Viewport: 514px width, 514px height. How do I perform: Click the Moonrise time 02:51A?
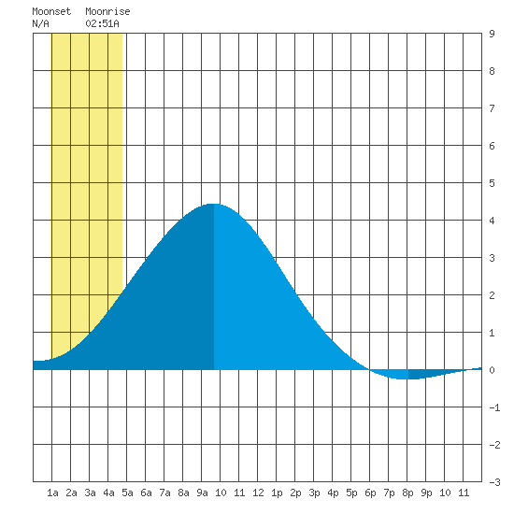coord(102,23)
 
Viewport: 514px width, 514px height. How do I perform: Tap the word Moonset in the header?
coord(51,11)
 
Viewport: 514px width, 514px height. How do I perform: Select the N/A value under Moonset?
coord(40,23)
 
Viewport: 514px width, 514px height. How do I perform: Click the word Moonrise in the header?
coord(107,11)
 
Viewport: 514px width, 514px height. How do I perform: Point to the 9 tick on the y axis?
coord(492,34)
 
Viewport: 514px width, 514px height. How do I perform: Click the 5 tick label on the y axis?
coord(492,183)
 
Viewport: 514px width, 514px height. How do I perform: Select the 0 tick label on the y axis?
coord(492,370)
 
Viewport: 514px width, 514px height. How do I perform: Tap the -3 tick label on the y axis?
coord(494,482)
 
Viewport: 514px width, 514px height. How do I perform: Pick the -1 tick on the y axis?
coord(494,407)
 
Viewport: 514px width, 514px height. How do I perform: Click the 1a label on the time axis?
coord(52,493)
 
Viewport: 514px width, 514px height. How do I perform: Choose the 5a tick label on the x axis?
coord(127,493)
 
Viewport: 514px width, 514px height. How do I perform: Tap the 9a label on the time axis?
coord(202,493)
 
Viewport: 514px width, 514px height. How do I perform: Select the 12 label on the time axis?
coord(258,493)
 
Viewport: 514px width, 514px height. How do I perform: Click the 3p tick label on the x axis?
coord(314,493)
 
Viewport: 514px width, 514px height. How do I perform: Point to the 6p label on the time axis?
coord(370,493)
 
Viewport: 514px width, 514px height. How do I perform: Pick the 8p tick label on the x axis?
coord(407,493)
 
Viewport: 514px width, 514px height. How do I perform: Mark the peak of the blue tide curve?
coord(214,204)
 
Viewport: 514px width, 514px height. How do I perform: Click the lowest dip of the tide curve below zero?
coord(402,378)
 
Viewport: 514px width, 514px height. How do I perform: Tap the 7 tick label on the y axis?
coord(492,108)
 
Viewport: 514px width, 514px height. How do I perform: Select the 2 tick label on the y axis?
coord(492,295)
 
